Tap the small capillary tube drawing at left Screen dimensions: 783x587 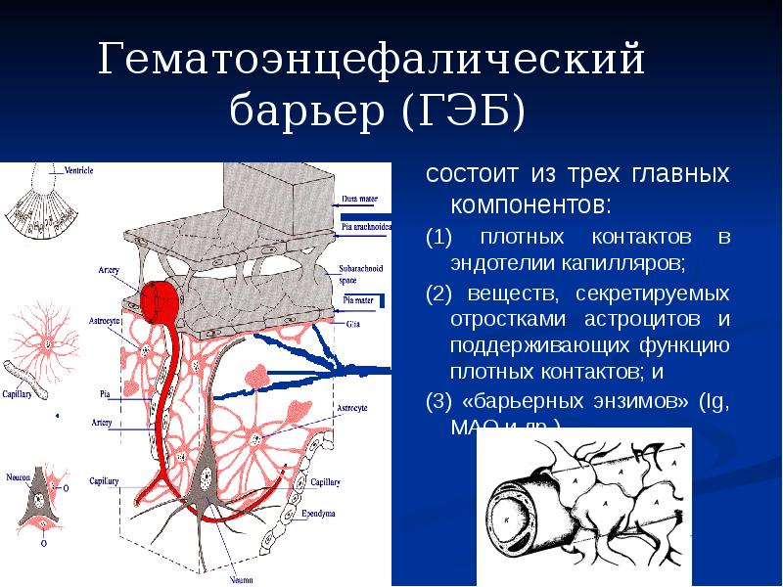[x=28, y=383]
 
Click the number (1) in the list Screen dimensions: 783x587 [x=438, y=239]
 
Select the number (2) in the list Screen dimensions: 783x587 [x=438, y=293]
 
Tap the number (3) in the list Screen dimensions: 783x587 [x=438, y=402]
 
